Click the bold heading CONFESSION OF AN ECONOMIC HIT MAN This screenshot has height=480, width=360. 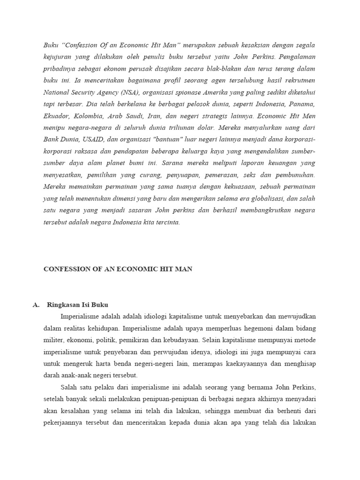(x=118, y=270)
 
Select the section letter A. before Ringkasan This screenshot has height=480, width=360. (x=36, y=305)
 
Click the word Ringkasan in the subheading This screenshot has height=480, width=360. (x=64, y=305)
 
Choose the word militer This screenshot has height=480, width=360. (x=53, y=340)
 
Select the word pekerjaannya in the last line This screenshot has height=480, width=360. (x=63, y=422)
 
